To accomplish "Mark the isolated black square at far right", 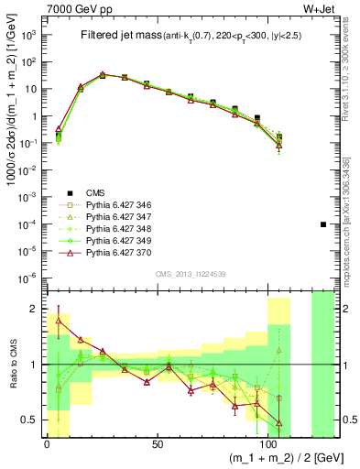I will (322, 224).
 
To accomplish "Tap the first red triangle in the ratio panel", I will (60, 321).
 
